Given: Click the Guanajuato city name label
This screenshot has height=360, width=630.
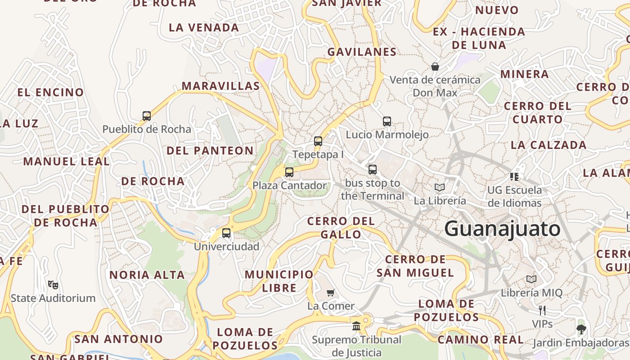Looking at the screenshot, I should coord(502,229).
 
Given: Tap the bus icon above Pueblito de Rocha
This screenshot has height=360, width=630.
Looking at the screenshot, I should coord(147,116).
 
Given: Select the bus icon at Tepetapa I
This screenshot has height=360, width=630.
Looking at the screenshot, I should coord(318,141).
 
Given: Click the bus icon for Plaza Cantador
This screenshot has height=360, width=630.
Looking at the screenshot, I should coord(289,172).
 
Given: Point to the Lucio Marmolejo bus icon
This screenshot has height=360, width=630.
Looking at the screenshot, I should coord(387,121).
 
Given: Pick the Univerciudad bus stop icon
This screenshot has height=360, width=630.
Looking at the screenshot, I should coord(226,233).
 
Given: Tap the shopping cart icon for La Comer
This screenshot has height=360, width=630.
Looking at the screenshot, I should coord(331,293).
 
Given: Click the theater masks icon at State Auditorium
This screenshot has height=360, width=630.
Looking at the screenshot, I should coord(53,284).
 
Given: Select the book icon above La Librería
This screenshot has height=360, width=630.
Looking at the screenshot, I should coord(440,187).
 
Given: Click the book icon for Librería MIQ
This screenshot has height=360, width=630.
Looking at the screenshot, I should coord(531,279).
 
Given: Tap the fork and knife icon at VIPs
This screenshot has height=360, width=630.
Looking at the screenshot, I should coord(542,310).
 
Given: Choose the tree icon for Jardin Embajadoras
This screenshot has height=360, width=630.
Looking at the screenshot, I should coord(581,329).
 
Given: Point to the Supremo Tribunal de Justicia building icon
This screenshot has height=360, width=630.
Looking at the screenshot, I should coord(356,326).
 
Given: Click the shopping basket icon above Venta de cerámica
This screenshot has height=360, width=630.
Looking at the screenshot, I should coord(435,67).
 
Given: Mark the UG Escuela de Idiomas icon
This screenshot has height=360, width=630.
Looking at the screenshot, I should coord(514,176).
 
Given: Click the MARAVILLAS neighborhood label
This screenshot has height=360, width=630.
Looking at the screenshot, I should coord(220,86).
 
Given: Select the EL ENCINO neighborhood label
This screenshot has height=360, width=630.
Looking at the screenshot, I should coord(50,93).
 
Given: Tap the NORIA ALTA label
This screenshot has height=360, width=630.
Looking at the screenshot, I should coord(147,275).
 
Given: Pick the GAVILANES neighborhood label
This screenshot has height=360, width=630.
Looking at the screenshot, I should coord(362,52).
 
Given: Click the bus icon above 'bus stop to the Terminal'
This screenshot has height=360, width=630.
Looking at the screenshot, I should coord(373,170).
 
